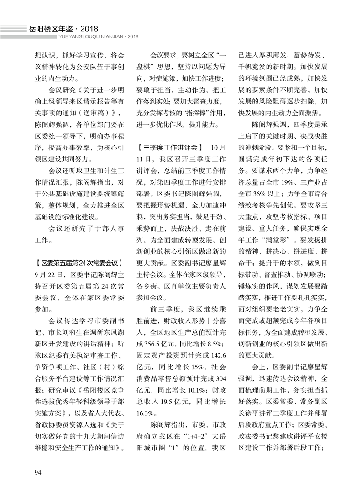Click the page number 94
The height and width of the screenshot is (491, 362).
pyautogui.click(x=38, y=470)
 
